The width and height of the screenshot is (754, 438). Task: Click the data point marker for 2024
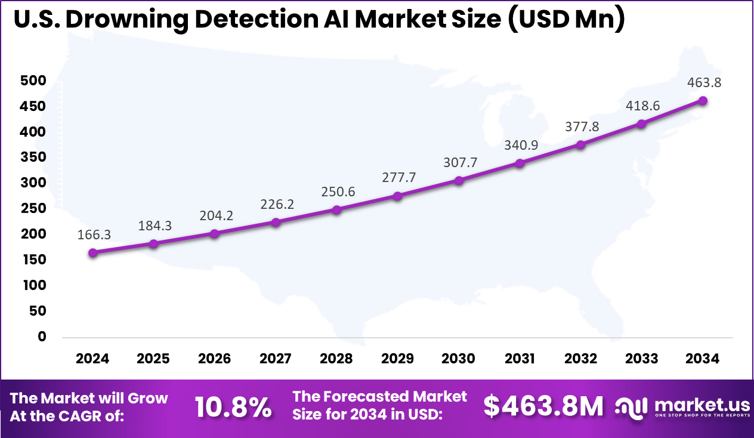tap(93, 252)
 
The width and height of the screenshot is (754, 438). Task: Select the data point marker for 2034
tap(703, 101)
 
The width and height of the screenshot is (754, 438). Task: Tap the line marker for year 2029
tap(398, 196)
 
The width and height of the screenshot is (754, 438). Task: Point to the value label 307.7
tap(459, 162)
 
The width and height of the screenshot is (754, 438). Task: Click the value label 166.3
tap(94, 235)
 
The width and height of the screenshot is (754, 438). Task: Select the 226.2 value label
tap(276, 205)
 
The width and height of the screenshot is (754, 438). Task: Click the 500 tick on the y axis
tap(33, 81)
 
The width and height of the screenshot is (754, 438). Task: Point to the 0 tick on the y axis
tap(41, 337)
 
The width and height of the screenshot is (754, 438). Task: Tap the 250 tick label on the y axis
tap(33, 209)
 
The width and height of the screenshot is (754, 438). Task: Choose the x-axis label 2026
tap(214, 359)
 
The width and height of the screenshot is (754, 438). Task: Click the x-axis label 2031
tap(520, 359)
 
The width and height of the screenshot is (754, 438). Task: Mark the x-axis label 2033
tap(642, 359)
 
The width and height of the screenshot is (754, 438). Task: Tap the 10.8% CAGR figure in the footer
tap(233, 407)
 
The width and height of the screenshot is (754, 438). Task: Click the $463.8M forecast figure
tap(543, 406)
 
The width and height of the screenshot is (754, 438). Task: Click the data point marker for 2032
tap(580, 144)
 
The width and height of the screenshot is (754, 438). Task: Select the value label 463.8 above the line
tap(703, 83)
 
